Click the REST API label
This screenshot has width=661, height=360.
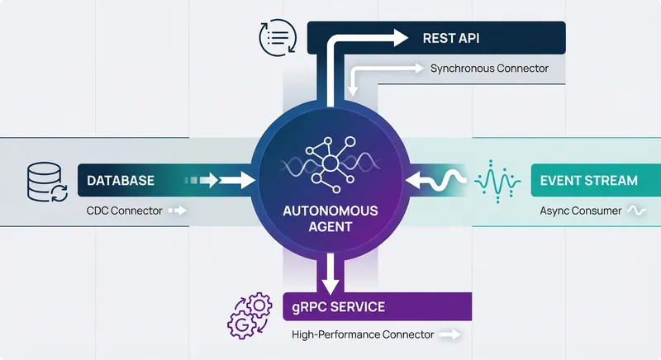[451, 38]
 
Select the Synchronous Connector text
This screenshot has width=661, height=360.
[489, 69]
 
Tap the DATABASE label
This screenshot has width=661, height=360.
[121, 180]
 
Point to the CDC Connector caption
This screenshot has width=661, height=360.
[123, 211]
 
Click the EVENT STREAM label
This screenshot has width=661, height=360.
[587, 180]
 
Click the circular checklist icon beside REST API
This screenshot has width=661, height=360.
[276, 38]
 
